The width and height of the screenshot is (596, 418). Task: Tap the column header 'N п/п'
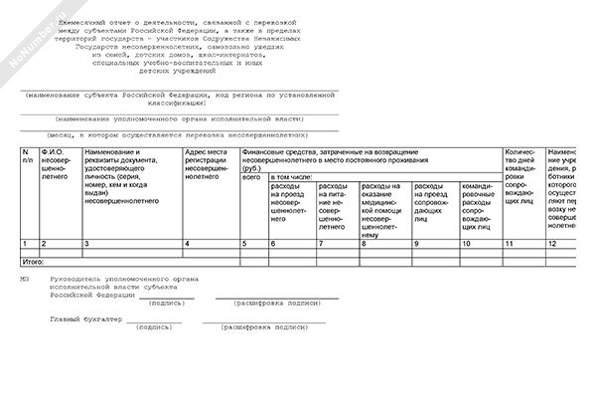click(x=28, y=155)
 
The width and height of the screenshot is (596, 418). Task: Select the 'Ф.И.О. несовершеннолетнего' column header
click(x=54, y=165)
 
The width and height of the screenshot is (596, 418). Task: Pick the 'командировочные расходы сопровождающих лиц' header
click(x=480, y=202)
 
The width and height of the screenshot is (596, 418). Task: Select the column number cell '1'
click(x=24, y=244)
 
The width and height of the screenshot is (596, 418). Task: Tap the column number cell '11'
click(x=511, y=244)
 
